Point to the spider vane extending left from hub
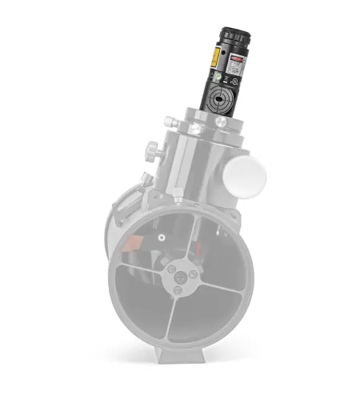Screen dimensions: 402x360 (144, 275)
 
